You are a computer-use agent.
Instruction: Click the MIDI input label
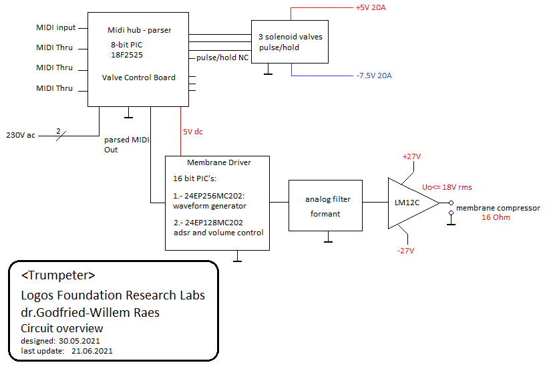click(56, 27)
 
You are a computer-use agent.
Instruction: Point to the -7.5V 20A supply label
click(374, 76)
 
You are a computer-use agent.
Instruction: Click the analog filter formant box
click(327, 206)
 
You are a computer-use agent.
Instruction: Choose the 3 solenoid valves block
click(290, 42)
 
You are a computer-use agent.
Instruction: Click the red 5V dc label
click(193, 132)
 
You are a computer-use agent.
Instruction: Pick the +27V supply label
click(411, 156)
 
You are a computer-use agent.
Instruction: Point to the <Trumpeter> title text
click(58, 275)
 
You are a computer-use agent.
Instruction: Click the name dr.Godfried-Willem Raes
click(90, 312)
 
